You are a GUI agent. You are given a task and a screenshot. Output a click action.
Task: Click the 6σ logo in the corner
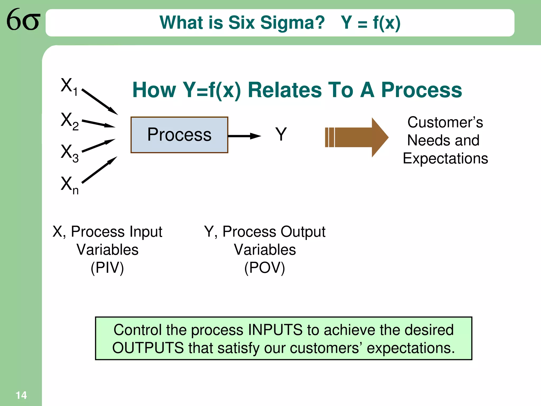point(23,20)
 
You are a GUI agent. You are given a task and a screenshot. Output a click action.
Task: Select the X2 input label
point(69,121)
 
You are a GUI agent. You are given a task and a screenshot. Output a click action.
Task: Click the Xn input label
point(69,185)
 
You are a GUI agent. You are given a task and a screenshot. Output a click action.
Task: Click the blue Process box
point(179,135)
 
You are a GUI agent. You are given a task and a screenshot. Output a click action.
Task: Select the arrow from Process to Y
point(244,136)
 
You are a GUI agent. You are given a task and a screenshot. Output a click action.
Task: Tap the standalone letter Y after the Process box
point(281,134)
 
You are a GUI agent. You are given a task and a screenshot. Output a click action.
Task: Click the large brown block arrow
point(357,137)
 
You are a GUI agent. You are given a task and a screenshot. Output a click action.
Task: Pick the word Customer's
point(445,122)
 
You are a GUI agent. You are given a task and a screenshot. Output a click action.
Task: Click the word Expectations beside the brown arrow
point(445,158)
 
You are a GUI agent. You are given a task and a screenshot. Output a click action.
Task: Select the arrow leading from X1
point(100,102)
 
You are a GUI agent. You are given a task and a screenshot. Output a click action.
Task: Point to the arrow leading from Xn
point(99,170)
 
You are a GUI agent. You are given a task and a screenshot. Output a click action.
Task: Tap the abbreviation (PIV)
point(107,268)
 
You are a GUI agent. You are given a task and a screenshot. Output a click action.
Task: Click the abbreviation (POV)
point(264,268)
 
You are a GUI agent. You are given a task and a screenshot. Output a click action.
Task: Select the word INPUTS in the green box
point(275,330)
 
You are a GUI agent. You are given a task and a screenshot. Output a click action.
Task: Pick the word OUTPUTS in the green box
point(148,348)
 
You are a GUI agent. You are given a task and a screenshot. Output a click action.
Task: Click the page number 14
point(21,395)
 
